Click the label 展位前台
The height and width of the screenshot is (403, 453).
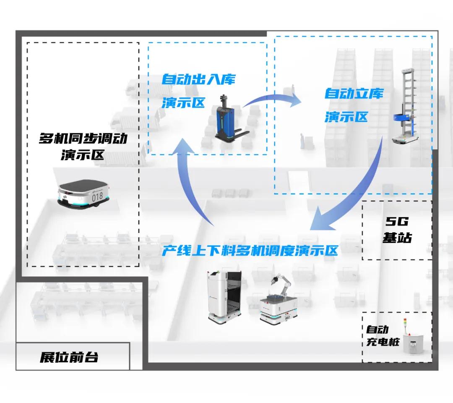pyautogui.click(x=69, y=357)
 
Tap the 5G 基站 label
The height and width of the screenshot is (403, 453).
pyautogui.click(x=397, y=230)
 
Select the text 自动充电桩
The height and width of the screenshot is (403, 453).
pyautogui.click(x=377, y=336)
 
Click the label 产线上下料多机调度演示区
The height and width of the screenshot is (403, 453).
pyautogui.click(x=250, y=251)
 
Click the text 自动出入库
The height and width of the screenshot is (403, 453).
pyautogui.click(x=199, y=79)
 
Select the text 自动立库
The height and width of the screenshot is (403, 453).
pyautogui.click(x=354, y=93)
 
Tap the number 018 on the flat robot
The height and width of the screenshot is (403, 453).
pyautogui.click(x=97, y=196)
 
